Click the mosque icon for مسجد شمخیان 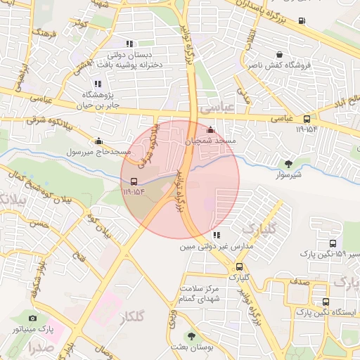pyautogui.click(x=212, y=130)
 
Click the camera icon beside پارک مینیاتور pyautogui.click(x=32, y=319)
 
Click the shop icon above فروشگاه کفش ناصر pyautogui.click(x=280, y=54)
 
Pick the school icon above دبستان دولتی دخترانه pyautogui.click(x=129, y=44)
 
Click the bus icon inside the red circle pyautogui.click(x=134, y=180)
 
